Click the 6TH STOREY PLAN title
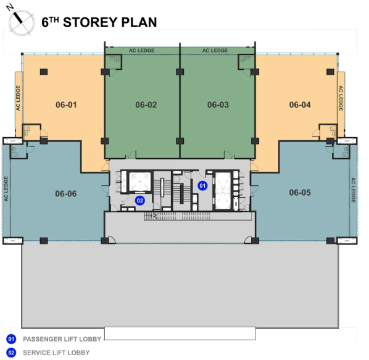point(99,23)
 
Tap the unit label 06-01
point(66,104)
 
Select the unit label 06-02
point(146,105)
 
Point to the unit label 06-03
point(218,105)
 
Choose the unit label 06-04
point(300,105)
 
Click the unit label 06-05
point(300,192)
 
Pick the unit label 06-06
point(65,193)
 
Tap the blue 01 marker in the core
point(201,185)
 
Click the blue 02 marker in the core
point(140,200)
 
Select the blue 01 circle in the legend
point(11,340)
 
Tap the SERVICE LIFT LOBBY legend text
point(56,353)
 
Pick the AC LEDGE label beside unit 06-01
point(19,98)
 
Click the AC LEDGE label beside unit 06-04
point(341,98)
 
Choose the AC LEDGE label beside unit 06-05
point(354,190)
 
